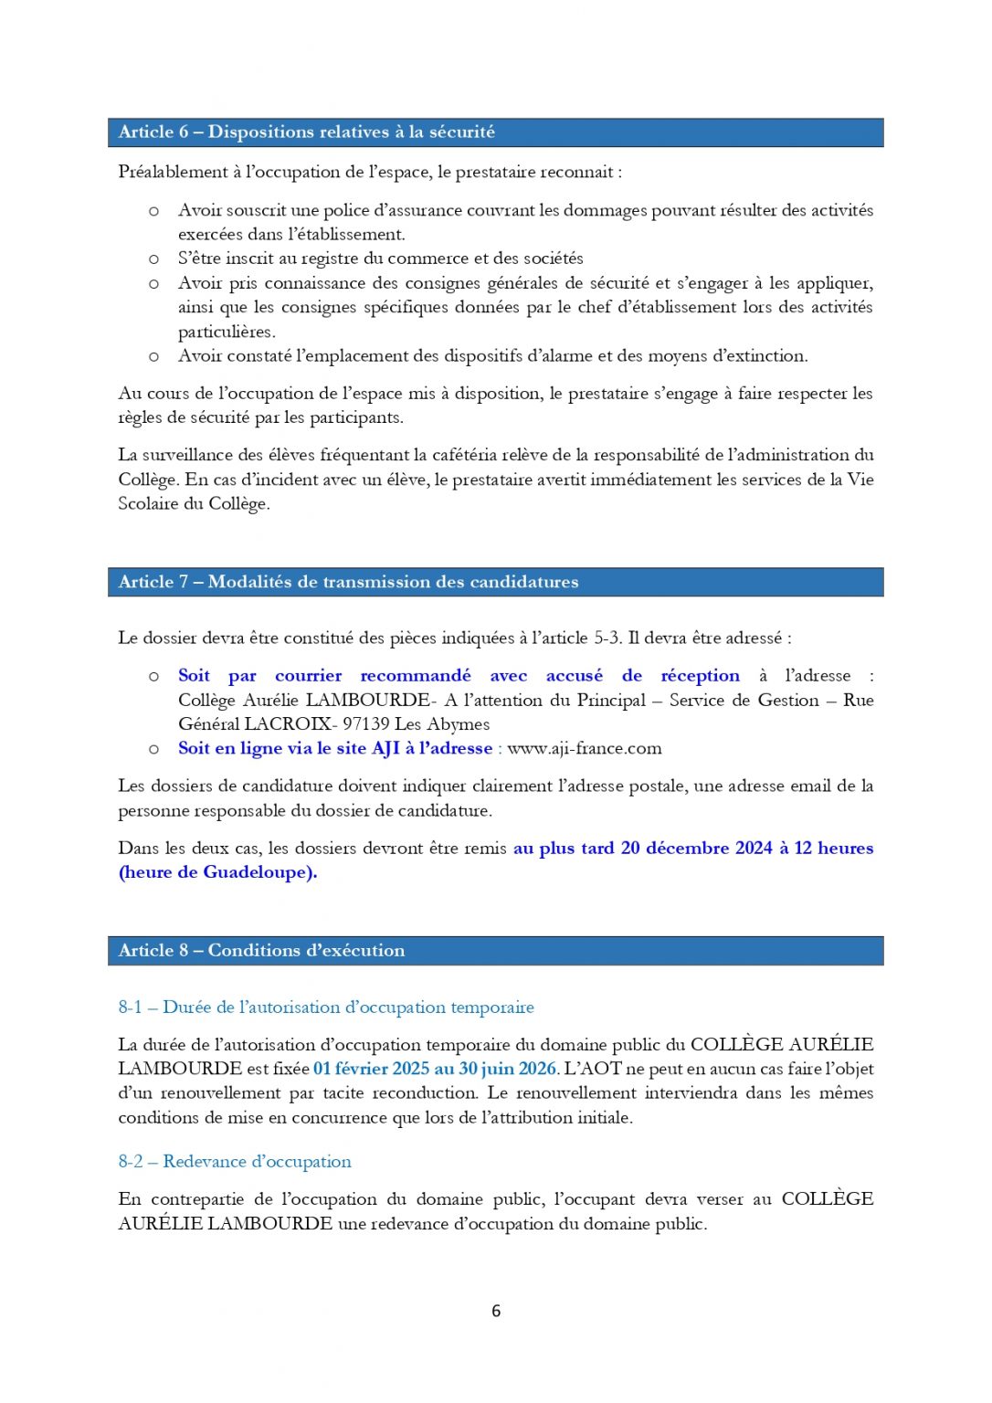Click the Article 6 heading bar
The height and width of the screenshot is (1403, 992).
[x=495, y=132]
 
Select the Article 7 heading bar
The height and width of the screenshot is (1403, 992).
[x=495, y=582]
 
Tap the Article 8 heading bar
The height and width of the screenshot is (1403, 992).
[x=495, y=951]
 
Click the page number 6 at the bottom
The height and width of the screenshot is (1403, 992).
[x=496, y=1311]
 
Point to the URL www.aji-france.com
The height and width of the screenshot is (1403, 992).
[x=585, y=749]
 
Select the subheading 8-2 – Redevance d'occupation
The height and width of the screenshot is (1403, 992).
[x=235, y=1162]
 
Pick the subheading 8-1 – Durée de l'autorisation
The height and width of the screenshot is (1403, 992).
[x=326, y=1007]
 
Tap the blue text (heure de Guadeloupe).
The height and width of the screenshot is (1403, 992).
[x=217, y=872]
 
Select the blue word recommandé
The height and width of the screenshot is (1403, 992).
[x=416, y=676]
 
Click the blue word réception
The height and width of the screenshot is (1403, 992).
[x=700, y=676]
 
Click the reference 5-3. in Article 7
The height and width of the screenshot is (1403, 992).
[x=607, y=638]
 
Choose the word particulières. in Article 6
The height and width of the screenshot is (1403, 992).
[x=227, y=332]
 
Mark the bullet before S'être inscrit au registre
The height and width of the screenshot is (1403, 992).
[x=153, y=259]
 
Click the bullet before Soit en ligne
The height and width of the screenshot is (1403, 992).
[x=153, y=749]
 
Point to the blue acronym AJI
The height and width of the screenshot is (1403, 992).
[x=385, y=749]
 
